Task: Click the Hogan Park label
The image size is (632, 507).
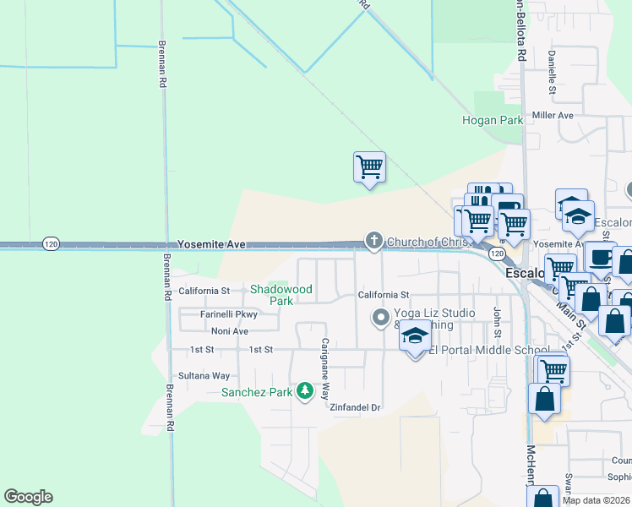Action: point(493,121)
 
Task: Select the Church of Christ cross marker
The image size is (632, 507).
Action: point(373,242)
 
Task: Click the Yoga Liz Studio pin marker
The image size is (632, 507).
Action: point(381,319)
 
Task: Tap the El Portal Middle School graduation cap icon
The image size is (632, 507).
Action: point(415,336)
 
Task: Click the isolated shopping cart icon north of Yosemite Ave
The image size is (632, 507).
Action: point(369,167)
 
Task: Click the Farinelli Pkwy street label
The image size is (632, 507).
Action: point(228,314)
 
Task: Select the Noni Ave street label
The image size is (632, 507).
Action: point(230,331)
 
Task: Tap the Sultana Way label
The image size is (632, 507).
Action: point(204,375)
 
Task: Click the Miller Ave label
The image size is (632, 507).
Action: point(553,115)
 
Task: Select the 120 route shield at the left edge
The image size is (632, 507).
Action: point(52,243)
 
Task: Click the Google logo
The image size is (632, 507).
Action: point(28,497)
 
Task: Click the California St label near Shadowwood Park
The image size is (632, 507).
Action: point(204,291)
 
